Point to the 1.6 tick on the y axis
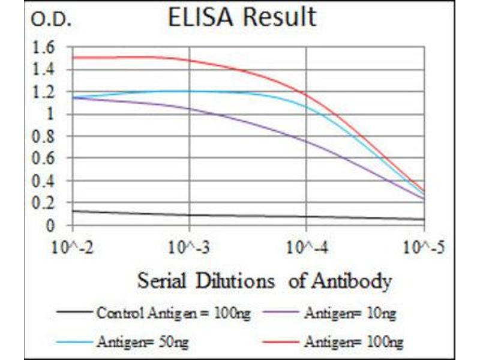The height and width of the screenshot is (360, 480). tap(46, 47)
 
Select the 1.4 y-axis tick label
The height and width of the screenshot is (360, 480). tap(46, 70)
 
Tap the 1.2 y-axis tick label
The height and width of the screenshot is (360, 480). tap(46, 92)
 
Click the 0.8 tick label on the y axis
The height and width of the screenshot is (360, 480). tap(46, 136)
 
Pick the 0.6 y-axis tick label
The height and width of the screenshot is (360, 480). tap(46, 158)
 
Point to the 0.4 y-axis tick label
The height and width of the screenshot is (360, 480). tap(46, 181)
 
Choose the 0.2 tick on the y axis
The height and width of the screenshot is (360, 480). tap(46, 203)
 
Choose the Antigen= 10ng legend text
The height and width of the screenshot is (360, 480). tap(350, 313)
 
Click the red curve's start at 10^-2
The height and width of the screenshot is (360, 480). tap(73, 58)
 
